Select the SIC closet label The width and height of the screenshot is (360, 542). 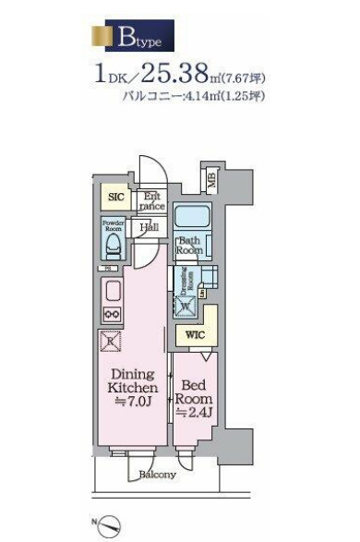click(x=115, y=197)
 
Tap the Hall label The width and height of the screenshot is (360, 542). click(x=148, y=227)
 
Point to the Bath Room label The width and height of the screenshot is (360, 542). click(x=190, y=246)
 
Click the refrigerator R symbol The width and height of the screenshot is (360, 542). click(x=111, y=340)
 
